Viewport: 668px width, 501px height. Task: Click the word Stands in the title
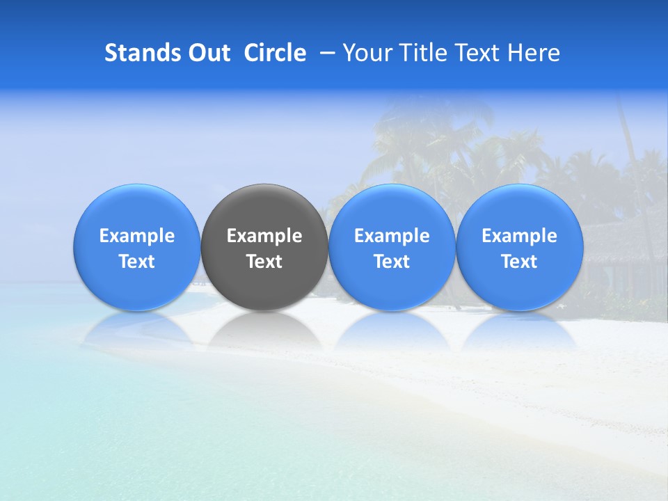(139, 53)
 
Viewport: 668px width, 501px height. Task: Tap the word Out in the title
(207, 53)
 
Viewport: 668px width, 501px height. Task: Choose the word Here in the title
(533, 53)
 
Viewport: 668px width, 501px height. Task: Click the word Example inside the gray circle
(264, 236)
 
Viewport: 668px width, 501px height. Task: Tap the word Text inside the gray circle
(264, 262)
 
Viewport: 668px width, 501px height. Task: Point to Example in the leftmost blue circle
(137, 236)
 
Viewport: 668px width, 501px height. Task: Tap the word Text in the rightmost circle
(520, 262)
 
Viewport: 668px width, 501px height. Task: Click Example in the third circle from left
(392, 236)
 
